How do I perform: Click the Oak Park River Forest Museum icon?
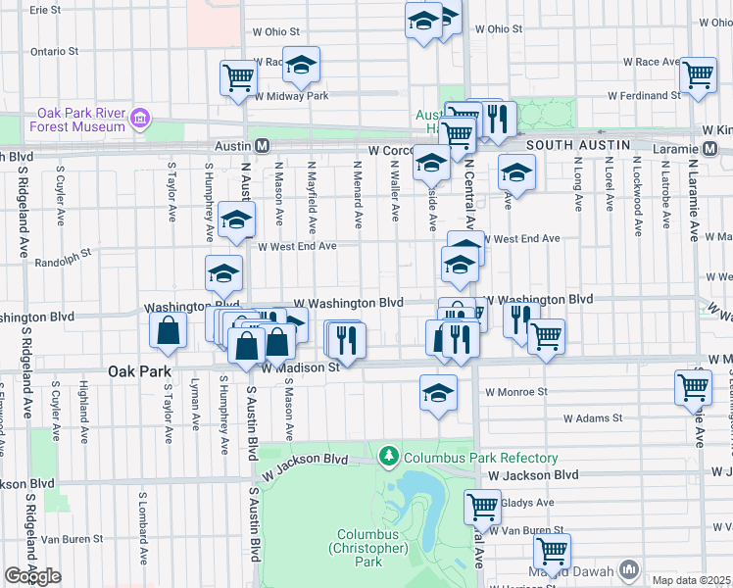140,119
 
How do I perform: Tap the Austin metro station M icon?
263,145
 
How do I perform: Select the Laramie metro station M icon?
711,150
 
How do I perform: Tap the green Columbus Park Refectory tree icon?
389,458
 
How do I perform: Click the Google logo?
32,576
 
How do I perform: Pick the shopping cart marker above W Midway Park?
239,77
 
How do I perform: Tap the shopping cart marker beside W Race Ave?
698,74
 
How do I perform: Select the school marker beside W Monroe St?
438,393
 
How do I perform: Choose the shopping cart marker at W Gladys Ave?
482,507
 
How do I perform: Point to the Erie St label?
45,10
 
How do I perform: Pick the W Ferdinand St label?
644,96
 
